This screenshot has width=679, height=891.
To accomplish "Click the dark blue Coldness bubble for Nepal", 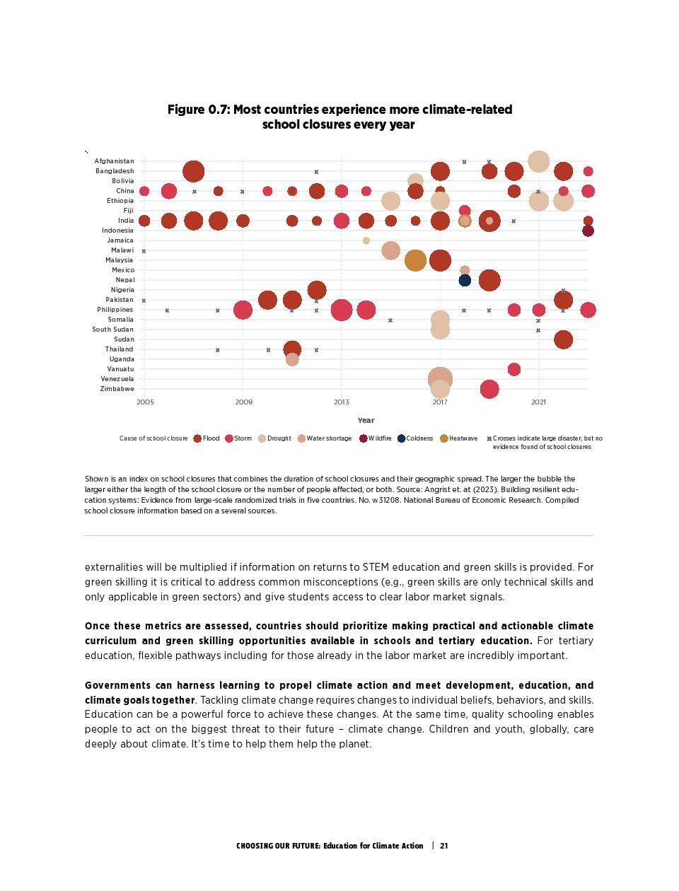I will tap(465, 280).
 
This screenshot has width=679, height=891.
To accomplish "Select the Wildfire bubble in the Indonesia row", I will tap(588, 231).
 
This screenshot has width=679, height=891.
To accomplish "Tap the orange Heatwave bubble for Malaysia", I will tap(415, 260).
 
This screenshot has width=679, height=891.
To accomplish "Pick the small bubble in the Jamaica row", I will tap(366, 240).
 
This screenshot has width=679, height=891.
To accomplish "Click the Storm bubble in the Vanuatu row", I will tap(514, 369).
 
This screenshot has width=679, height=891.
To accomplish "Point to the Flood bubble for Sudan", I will tap(563, 339).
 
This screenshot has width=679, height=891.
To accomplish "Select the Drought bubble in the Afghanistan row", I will tap(538, 161).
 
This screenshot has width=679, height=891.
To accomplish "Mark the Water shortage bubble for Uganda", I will tap(292, 359).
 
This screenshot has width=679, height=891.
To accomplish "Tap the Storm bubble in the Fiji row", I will tap(465, 211).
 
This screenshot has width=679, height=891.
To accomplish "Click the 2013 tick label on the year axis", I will tap(342, 402).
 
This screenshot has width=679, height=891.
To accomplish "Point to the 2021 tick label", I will tap(538, 402).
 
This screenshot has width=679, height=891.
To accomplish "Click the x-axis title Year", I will tap(366, 420).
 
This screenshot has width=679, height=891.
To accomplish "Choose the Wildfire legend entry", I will tap(376, 438).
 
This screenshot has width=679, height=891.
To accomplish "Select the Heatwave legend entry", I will tap(459, 438).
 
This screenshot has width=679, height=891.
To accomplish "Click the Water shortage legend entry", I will tap(325, 438).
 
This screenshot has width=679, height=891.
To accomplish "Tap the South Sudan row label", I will tap(112, 330).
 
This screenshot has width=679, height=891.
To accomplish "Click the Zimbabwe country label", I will tap(117, 389).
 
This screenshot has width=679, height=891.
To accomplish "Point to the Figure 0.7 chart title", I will tap(339, 117).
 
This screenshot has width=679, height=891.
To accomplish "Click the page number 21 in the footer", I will tap(444, 846).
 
